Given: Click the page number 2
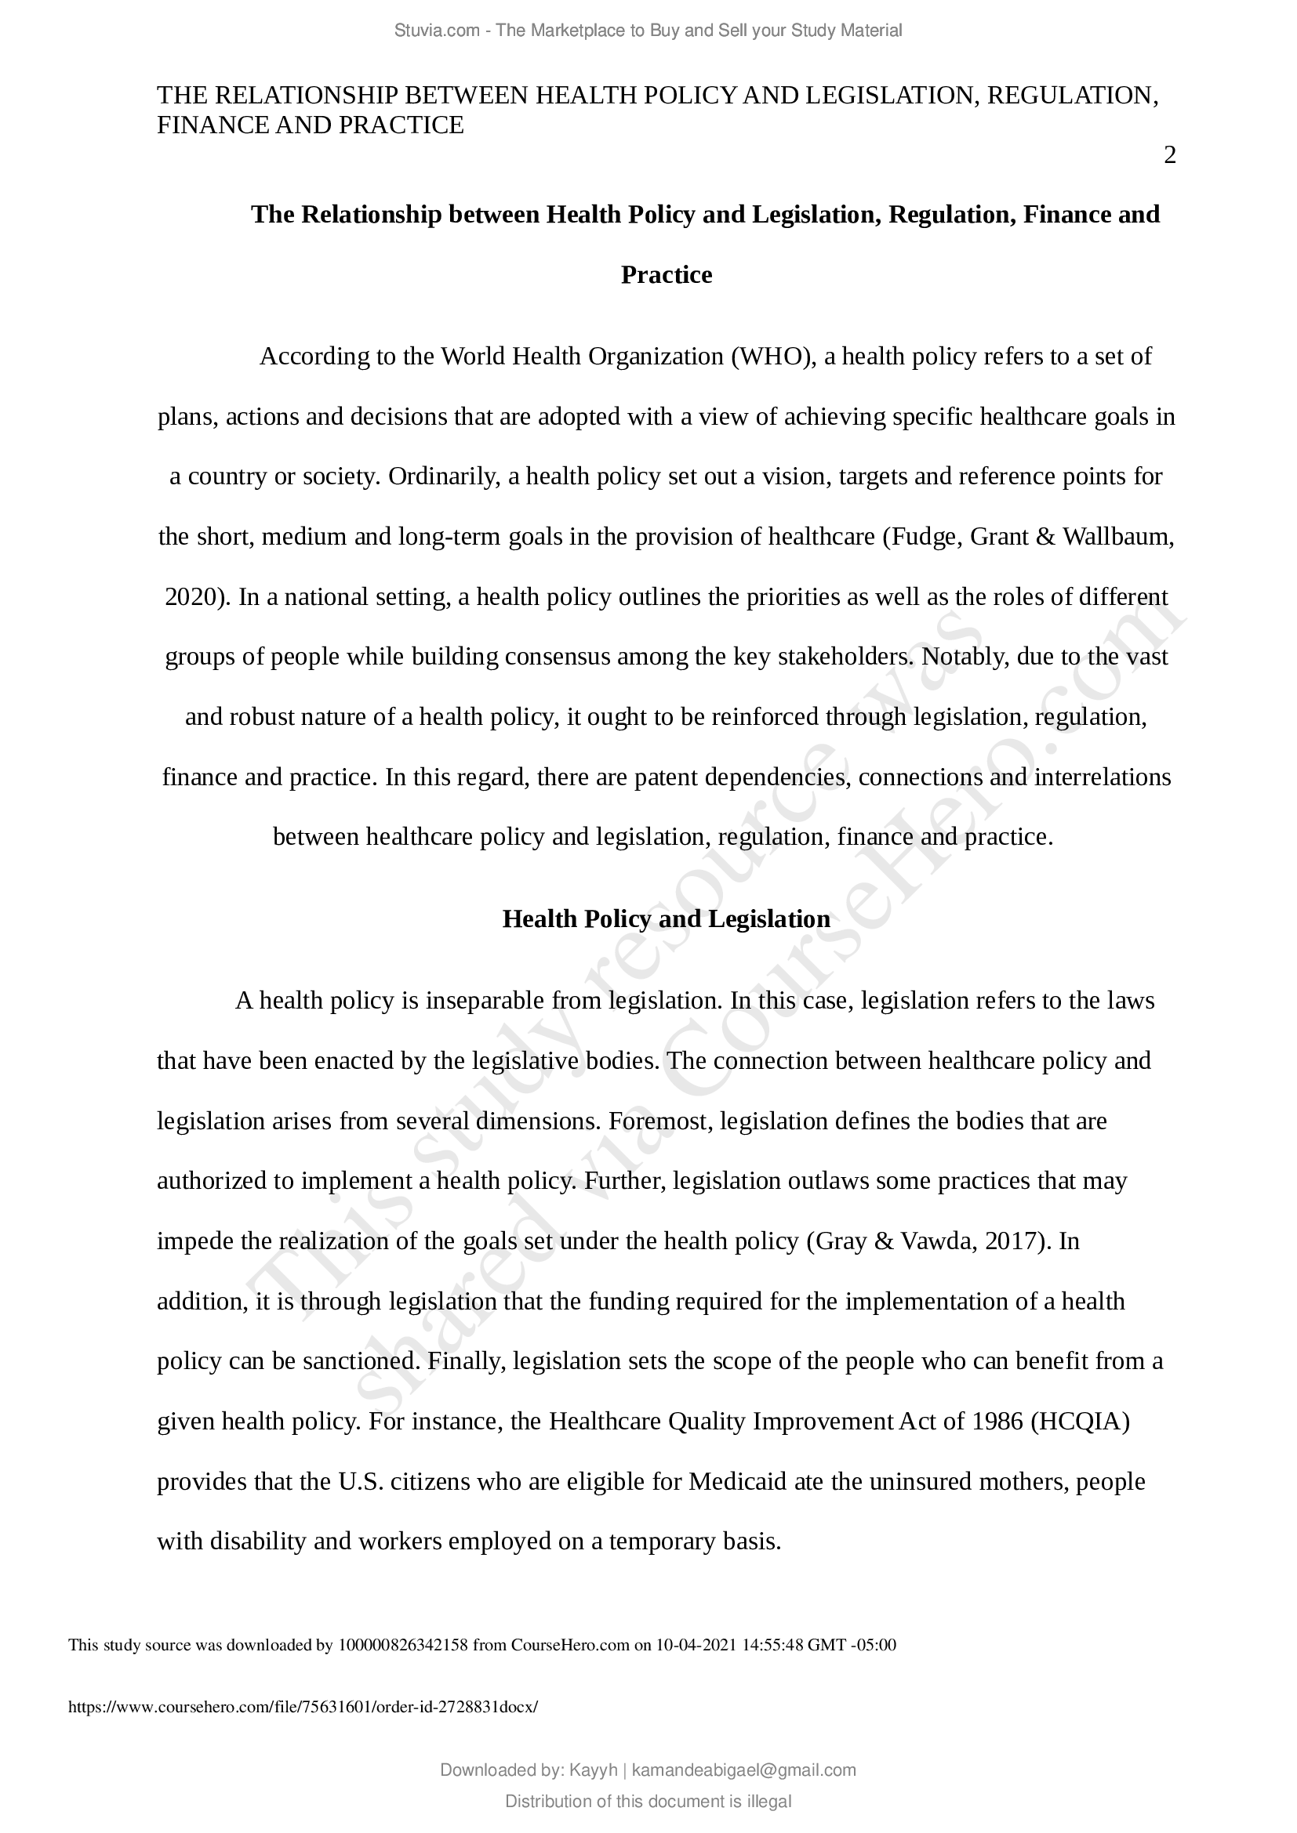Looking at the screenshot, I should pos(1169,156).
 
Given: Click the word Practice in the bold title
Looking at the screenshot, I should pos(666,274).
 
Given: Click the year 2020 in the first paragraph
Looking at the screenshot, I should pos(190,596).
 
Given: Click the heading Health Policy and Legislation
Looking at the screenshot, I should pos(666,919).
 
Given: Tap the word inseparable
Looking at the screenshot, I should pos(485,1000).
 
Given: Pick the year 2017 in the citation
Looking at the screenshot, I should pos(1011,1241).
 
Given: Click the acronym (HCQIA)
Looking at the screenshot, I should pos(1080,1422).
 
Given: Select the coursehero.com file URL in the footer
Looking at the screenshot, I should pos(303,1707).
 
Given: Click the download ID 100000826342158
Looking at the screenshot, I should pos(403,1645).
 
